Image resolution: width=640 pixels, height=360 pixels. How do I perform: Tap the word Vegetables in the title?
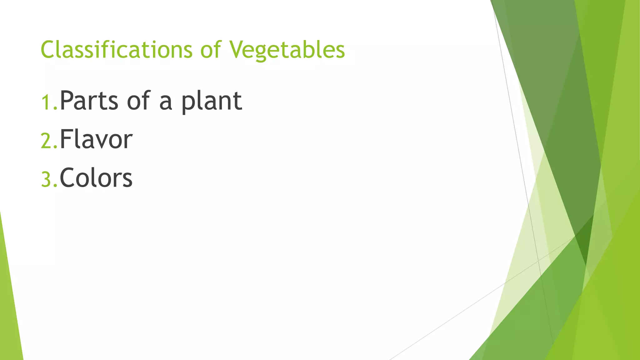click(x=287, y=50)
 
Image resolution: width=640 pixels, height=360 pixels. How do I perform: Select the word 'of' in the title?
click(x=211, y=50)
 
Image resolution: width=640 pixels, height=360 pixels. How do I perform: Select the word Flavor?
click(x=96, y=139)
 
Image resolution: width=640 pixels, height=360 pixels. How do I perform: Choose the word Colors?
click(x=96, y=178)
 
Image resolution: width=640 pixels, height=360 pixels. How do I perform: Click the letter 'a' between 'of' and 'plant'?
click(x=166, y=103)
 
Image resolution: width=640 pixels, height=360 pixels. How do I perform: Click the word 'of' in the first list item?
click(x=138, y=101)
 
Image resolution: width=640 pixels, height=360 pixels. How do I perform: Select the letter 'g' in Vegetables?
click(x=265, y=52)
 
